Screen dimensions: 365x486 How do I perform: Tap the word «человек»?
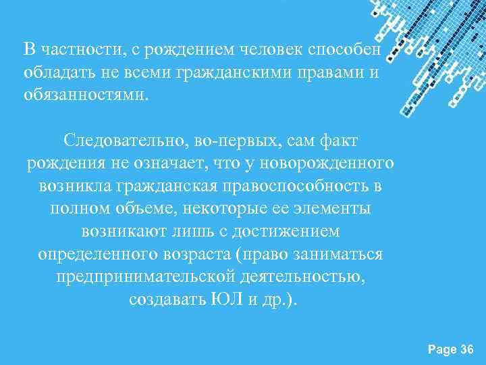[x=269, y=49]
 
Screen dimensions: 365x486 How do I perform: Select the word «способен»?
[x=345, y=49]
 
